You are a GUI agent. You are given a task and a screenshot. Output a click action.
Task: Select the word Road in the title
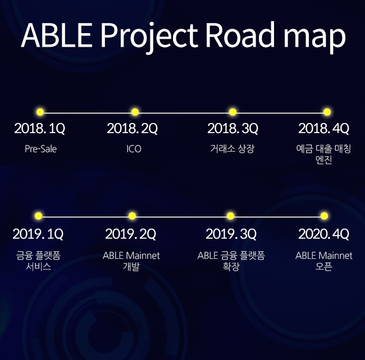point(241,35)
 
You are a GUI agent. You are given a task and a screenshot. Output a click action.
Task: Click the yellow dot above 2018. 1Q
point(40,112)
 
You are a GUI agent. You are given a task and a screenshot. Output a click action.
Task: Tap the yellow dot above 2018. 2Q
point(135,112)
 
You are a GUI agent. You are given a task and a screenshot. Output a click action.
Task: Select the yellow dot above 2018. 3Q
point(232,112)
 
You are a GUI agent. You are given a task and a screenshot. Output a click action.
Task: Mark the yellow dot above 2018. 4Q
point(327,112)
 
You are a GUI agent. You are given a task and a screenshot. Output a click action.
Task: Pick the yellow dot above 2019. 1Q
point(38,216)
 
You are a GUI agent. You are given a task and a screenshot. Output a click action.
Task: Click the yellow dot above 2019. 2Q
point(132,216)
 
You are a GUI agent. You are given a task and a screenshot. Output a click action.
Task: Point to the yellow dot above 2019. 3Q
point(230,216)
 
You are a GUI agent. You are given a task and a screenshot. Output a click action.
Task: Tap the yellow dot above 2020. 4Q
point(324,216)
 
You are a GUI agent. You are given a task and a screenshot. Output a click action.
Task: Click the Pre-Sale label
point(40,149)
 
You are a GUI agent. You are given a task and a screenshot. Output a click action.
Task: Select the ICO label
point(134,149)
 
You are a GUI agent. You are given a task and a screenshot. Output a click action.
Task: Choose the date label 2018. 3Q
point(232,129)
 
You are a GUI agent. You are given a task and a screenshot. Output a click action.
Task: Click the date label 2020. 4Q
point(323,233)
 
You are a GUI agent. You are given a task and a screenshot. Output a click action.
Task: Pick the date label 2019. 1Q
point(38,233)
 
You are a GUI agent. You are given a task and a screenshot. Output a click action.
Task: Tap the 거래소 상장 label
point(232,149)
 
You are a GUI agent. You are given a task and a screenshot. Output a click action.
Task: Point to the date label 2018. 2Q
point(132,129)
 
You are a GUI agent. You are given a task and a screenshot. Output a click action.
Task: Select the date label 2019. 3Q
point(231,233)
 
